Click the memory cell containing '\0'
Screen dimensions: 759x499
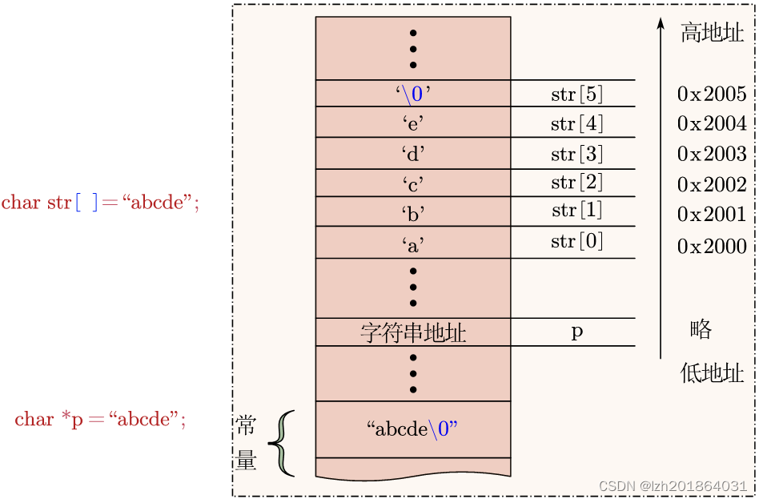(x=413, y=94)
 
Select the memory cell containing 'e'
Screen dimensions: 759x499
(x=413, y=123)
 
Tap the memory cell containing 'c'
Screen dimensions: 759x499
(x=413, y=183)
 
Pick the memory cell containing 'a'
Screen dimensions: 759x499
(x=413, y=243)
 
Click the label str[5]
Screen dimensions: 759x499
(x=576, y=94)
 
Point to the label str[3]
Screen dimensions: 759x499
(x=576, y=153)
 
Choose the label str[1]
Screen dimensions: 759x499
(x=576, y=211)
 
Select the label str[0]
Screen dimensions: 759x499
(x=576, y=241)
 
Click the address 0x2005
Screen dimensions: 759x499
(x=712, y=94)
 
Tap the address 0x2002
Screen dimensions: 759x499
(x=712, y=184)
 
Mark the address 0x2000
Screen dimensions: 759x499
(x=712, y=246)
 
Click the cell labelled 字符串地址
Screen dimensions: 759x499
(x=413, y=332)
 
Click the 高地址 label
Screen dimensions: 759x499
(x=712, y=33)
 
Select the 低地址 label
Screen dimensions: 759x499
(x=712, y=373)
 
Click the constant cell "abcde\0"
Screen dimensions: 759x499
(x=413, y=429)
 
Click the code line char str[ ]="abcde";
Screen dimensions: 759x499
(x=100, y=203)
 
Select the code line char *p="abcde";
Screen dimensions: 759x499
(x=100, y=419)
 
